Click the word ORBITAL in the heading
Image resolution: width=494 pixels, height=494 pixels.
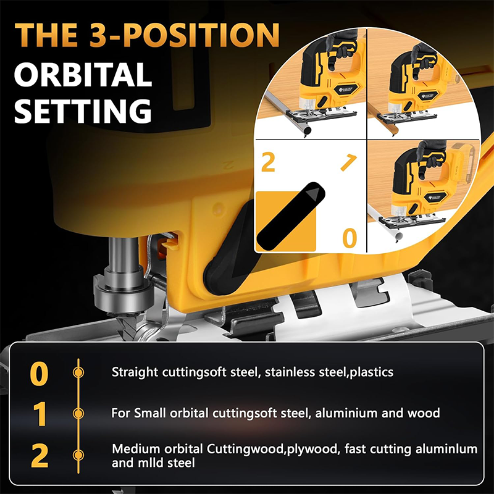[x=83, y=75]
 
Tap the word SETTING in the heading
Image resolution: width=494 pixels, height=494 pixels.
[x=83, y=113]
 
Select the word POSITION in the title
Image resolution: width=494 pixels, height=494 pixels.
[x=185, y=36]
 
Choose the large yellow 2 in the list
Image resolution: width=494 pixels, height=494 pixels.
[x=39, y=456]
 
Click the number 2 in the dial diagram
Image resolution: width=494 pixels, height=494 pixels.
[x=268, y=163]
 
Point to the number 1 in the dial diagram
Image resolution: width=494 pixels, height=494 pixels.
[x=348, y=164]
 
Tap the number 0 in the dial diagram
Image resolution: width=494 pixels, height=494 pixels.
[x=350, y=238]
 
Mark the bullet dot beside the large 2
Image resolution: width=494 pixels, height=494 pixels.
[x=78, y=456]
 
